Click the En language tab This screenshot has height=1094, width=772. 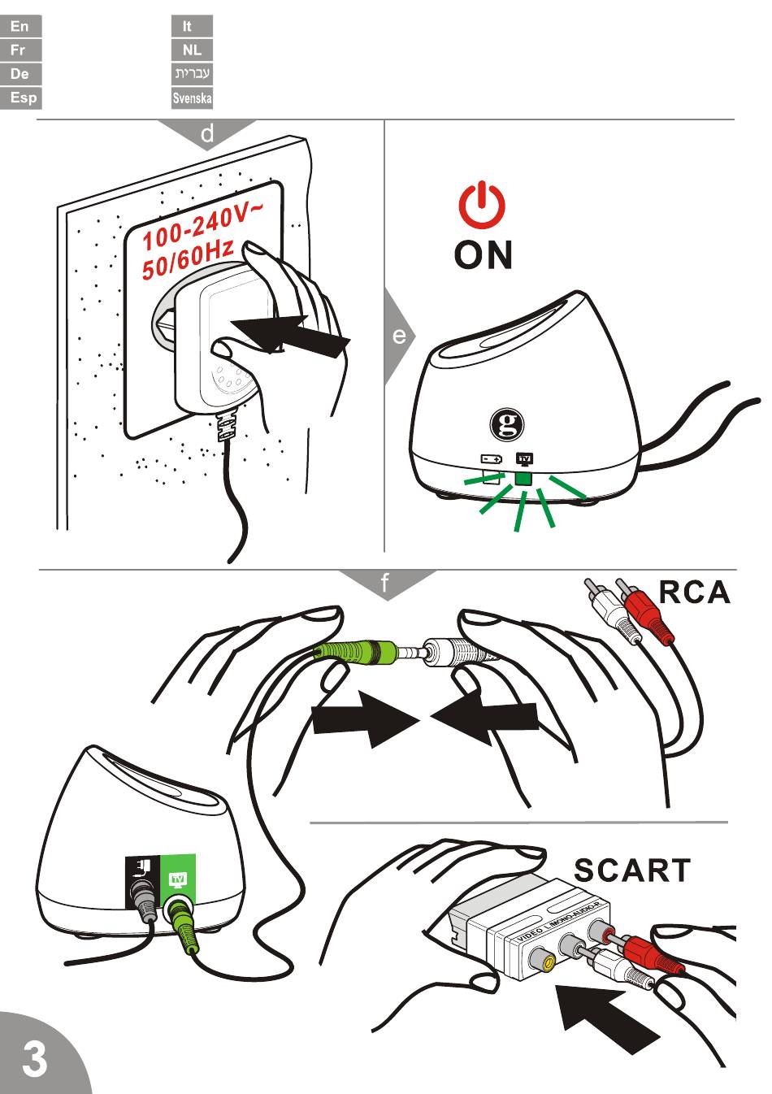[x=20, y=26]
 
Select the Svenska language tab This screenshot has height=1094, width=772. [x=192, y=98]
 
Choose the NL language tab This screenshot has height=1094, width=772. [x=192, y=50]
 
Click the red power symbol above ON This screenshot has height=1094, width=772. [x=483, y=204]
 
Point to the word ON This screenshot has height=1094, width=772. [x=484, y=255]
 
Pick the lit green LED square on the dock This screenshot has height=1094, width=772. [x=523, y=478]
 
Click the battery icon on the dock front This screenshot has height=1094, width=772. [x=492, y=459]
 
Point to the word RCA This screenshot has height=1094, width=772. [x=694, y=593]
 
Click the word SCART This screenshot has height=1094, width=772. [x=632, y=870]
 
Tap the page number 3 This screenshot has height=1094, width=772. [x=34, y=1059]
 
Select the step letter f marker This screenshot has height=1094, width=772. [x=385, y=583]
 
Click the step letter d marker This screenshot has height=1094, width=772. [x=207, y=133]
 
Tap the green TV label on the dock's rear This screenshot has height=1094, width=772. [x=178, y=879]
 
